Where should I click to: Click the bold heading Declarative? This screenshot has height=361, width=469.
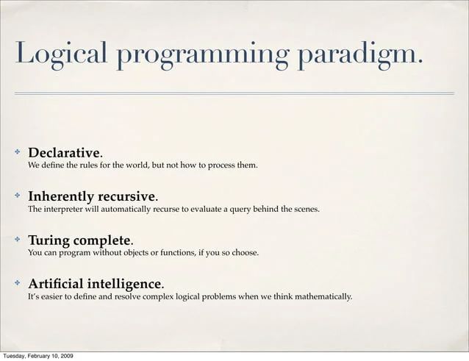click(x=63, y=153)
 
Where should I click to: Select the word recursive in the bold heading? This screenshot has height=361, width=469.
click(x=128, y=197)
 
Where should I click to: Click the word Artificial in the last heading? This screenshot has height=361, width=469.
click(x=57, y=284)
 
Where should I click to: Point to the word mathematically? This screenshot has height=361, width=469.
click(x=323, y=297)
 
